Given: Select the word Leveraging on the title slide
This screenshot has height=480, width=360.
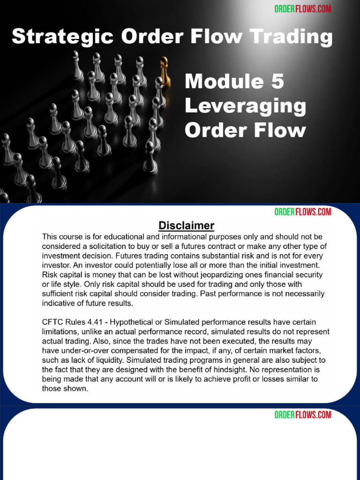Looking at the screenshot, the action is click(245, 106).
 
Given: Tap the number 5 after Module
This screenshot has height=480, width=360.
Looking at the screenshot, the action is click(276, 82).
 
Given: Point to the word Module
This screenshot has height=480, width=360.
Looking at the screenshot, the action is click(224, 82).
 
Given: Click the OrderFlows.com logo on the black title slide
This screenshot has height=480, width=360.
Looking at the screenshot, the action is click(303, 9).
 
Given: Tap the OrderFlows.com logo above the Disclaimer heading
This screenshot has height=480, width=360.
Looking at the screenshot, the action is click(303, 212).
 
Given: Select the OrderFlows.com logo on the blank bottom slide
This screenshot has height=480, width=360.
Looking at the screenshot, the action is click(303, 415).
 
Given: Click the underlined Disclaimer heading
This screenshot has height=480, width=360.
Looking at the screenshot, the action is click(187, 225).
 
